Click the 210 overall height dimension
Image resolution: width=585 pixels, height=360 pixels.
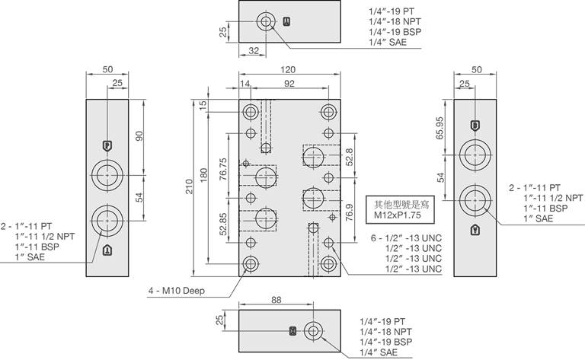[x=189, y=187]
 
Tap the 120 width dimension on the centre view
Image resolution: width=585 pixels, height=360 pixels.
[x=289, y=70]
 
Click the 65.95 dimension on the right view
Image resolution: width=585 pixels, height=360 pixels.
[x=439, y=126]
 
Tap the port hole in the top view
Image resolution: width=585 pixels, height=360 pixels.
[x=267, y=23]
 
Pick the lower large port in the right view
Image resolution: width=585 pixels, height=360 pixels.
[x=475, y=200]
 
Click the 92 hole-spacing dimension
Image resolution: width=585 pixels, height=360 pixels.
[x=289, y=83]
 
